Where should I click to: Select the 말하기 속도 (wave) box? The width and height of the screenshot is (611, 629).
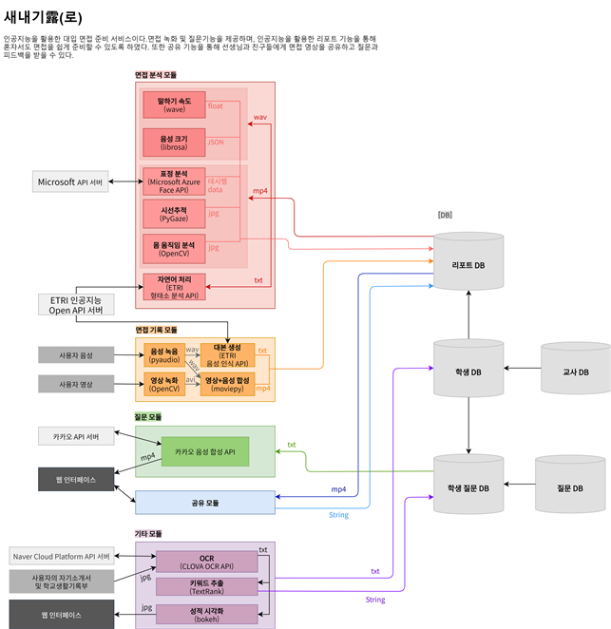point(174,105)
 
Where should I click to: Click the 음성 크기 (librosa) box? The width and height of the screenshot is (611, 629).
point(174,143)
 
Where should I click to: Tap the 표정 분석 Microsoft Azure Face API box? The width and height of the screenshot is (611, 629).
point(174,181)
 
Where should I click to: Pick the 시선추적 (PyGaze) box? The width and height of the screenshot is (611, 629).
point(174,214)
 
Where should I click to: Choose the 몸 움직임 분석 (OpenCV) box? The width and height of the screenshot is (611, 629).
point(174,248)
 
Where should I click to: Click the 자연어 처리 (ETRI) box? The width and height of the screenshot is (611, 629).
point(174,286)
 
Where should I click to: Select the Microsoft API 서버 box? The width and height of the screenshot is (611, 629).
point(70,181)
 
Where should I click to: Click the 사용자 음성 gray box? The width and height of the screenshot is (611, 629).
point(76,355)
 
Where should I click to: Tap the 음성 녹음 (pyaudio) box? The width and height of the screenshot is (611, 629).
point(164,355)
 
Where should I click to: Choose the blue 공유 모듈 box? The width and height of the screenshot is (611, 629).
point(204,502)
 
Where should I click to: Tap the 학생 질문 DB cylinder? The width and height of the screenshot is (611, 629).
point(468,488)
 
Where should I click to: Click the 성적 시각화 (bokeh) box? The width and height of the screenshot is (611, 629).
point(206,614)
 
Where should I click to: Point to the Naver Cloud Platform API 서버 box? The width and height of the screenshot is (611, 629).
point(62,556)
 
